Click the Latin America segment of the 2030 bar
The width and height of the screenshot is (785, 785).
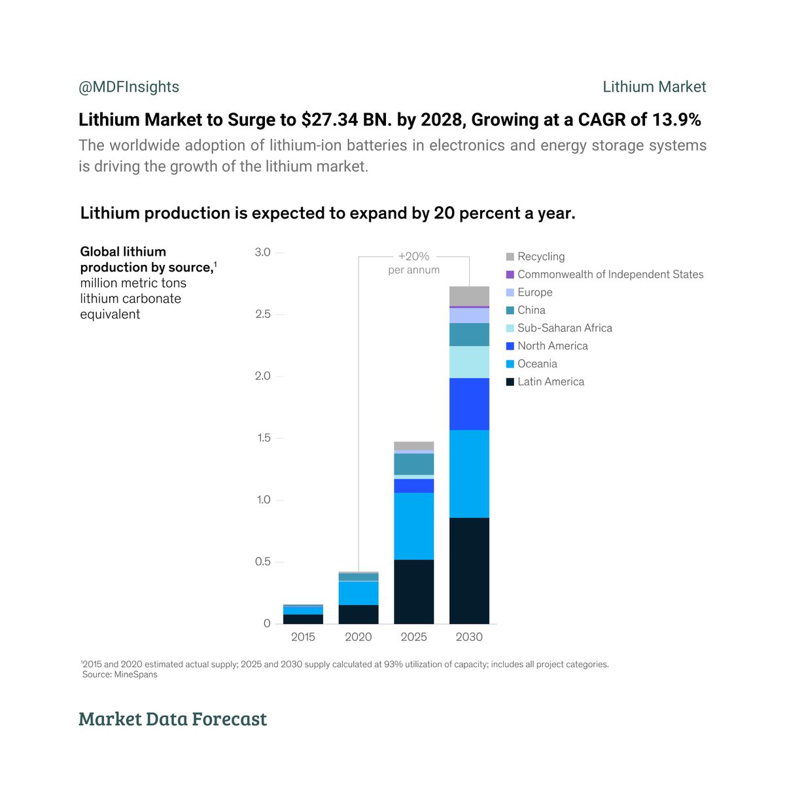(x=469, y=570)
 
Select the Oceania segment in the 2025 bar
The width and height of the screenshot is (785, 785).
(x=413, y=526)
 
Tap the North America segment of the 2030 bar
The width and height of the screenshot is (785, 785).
(x=469, y=404)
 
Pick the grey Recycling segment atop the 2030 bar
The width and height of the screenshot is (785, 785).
(x=469, y=296)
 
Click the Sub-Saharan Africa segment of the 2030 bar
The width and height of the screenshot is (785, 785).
(x=469, y=362)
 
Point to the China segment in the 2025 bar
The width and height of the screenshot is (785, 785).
(x=413, y=464)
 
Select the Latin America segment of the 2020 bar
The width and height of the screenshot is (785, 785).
(x=358, y=614)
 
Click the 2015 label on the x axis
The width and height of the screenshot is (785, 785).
(x=303, y=637)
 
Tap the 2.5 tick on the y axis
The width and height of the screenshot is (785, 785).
(x=262, y=314)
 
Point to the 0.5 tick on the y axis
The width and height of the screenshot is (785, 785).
(x=262, y=562)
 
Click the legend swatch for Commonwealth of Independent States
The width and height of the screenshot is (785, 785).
(x=510, y=275)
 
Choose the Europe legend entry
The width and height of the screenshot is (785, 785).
(x=534, y=292)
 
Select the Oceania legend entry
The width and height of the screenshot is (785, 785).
(x=537, y=364)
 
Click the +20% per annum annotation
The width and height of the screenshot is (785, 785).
(x=413, y=263)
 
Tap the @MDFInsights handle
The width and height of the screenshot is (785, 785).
(x=129, y=87)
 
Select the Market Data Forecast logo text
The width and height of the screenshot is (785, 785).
(x=173, y=719)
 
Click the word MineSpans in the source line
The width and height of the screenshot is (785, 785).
(x=135, y=674)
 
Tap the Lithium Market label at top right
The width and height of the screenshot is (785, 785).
(x=654, y=87)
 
